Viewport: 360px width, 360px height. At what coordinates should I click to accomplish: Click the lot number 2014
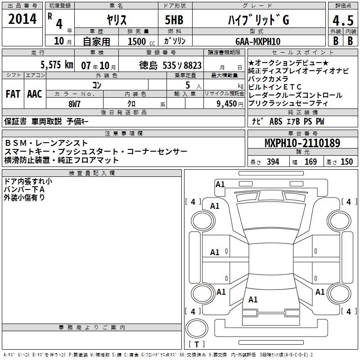pos(22,19)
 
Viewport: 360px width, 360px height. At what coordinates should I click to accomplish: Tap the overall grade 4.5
pos(343,20)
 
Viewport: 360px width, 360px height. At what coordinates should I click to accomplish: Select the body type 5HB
pos(174,20)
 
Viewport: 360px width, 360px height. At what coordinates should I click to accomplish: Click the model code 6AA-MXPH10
pos(258,41)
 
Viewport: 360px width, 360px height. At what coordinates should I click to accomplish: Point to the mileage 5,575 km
pos(57,65)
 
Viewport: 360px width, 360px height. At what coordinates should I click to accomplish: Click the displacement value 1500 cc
pos(141,41)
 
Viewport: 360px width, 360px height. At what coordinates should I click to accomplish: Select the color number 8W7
pos(74,104)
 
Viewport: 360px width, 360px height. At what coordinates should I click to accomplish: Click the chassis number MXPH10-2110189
pos(302,143)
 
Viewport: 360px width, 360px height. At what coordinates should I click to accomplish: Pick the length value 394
pos(273,162)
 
